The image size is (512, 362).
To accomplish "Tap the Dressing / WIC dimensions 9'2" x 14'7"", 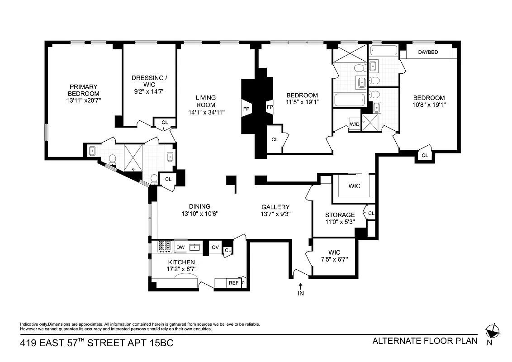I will click(x=149, y=91).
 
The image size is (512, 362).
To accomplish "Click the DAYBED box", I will click(x=428, y=52).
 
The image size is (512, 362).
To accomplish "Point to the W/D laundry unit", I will click(x=354, y=124).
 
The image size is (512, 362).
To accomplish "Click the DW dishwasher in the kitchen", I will click(x=180, y=247).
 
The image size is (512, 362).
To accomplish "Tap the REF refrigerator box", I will click(x=233, y=283).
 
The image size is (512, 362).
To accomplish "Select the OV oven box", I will click(x=215, y=248).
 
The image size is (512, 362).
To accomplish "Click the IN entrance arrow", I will click(x=301, y=290).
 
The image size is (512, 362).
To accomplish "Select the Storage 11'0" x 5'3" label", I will click(x=340, y=218).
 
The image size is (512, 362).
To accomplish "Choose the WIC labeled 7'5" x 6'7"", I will click(x=335, y=256).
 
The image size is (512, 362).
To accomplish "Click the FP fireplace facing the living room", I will click(x=247, y=109).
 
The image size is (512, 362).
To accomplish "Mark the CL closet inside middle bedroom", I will click(x=275, y=139).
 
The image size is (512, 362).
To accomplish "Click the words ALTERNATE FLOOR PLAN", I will click(x=424, y=341).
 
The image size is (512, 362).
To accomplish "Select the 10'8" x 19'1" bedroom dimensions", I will click(x=428, y=105).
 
